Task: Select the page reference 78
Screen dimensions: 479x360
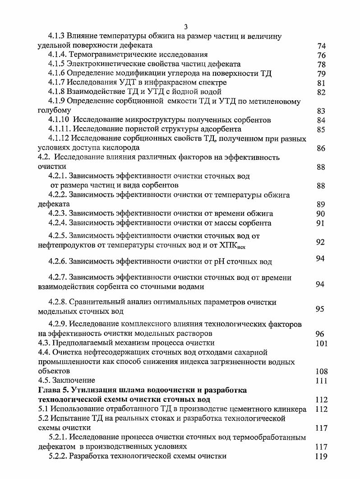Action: [x=321, y=65]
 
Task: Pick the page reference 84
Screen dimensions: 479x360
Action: [x=321, y=120]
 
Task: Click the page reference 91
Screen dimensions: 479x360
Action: [x=321, y=223]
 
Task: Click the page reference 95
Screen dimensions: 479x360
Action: [x=320, y=309]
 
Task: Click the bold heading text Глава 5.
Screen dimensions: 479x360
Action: [x=53, y=390]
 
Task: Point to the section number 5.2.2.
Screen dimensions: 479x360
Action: [x=58, y=456]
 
